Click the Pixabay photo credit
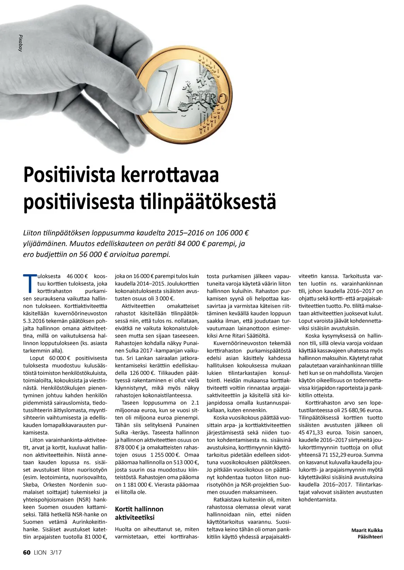[20, 43]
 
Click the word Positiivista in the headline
[69, 175]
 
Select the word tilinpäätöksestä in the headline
[208, 201]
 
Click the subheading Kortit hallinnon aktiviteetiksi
[139, 513]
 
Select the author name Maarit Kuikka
[367, 530]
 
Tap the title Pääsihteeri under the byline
[370, 537]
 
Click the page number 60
[26, 552]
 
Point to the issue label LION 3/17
[48, 552]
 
